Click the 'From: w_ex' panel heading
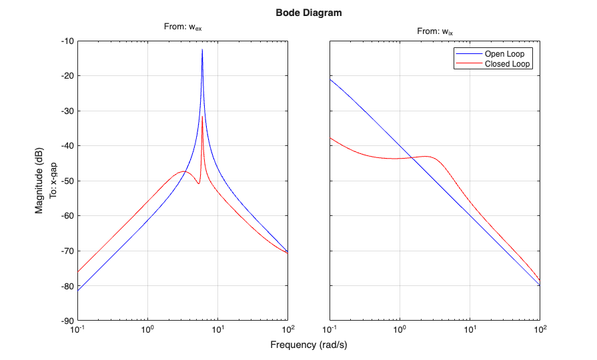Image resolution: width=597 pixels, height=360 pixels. [183, 27]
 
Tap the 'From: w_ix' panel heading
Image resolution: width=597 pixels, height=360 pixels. [435, 31]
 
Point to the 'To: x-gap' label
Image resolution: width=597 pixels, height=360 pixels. [54, 181]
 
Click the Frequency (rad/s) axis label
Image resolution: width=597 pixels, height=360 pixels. [309, 345]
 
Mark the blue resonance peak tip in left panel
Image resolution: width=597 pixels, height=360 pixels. [202, 49]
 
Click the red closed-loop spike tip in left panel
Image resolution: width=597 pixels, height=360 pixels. [202, 117]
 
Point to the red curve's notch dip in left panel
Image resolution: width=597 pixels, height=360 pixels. [198, 183]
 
